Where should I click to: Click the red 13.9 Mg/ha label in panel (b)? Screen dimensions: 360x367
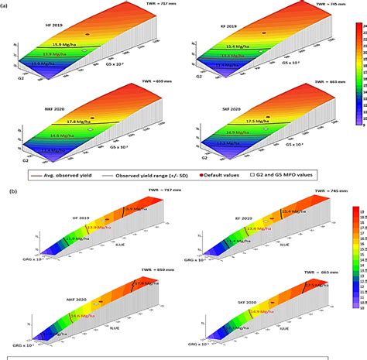point(100,228)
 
